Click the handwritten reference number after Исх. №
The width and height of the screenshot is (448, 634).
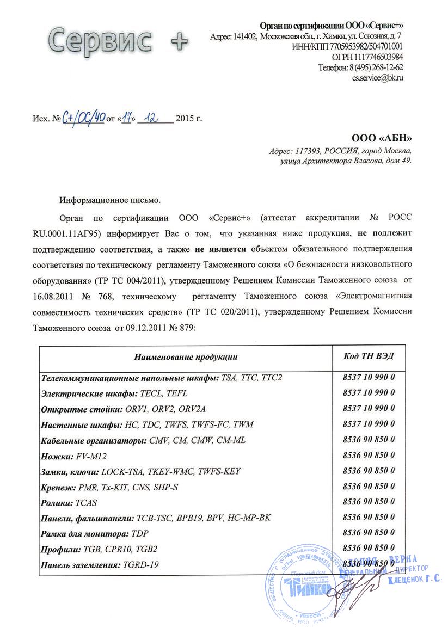[82, 116]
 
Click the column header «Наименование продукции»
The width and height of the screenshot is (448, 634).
[186, 357]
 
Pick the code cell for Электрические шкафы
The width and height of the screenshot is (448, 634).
[369, 392]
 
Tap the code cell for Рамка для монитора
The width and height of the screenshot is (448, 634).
[369, 533]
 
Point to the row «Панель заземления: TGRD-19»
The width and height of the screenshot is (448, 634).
[100, 565]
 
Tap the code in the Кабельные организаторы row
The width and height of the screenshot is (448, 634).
[369, 439]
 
